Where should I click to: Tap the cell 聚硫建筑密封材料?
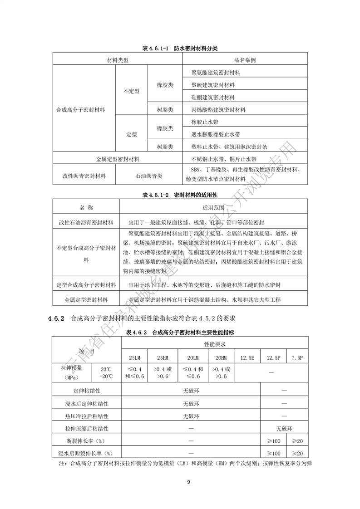click(x=213, y=85)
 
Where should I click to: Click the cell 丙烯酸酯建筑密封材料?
click(x=218, y=109)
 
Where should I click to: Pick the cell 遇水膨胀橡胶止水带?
click(x=216, y=134)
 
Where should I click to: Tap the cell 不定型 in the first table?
click(x=132, y=91)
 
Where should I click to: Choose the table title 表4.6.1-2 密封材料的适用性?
click(x=180, y=195)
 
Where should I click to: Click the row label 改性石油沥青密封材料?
click(x=86, y=223)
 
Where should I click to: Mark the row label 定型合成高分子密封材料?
click(x=86, y=285)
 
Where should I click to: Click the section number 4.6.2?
click(x=57, y=318)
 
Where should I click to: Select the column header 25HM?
click(x=163, y=357)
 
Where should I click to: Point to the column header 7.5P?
click(x=297, y=357)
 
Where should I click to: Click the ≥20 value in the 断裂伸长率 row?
click(x=297, y=440)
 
